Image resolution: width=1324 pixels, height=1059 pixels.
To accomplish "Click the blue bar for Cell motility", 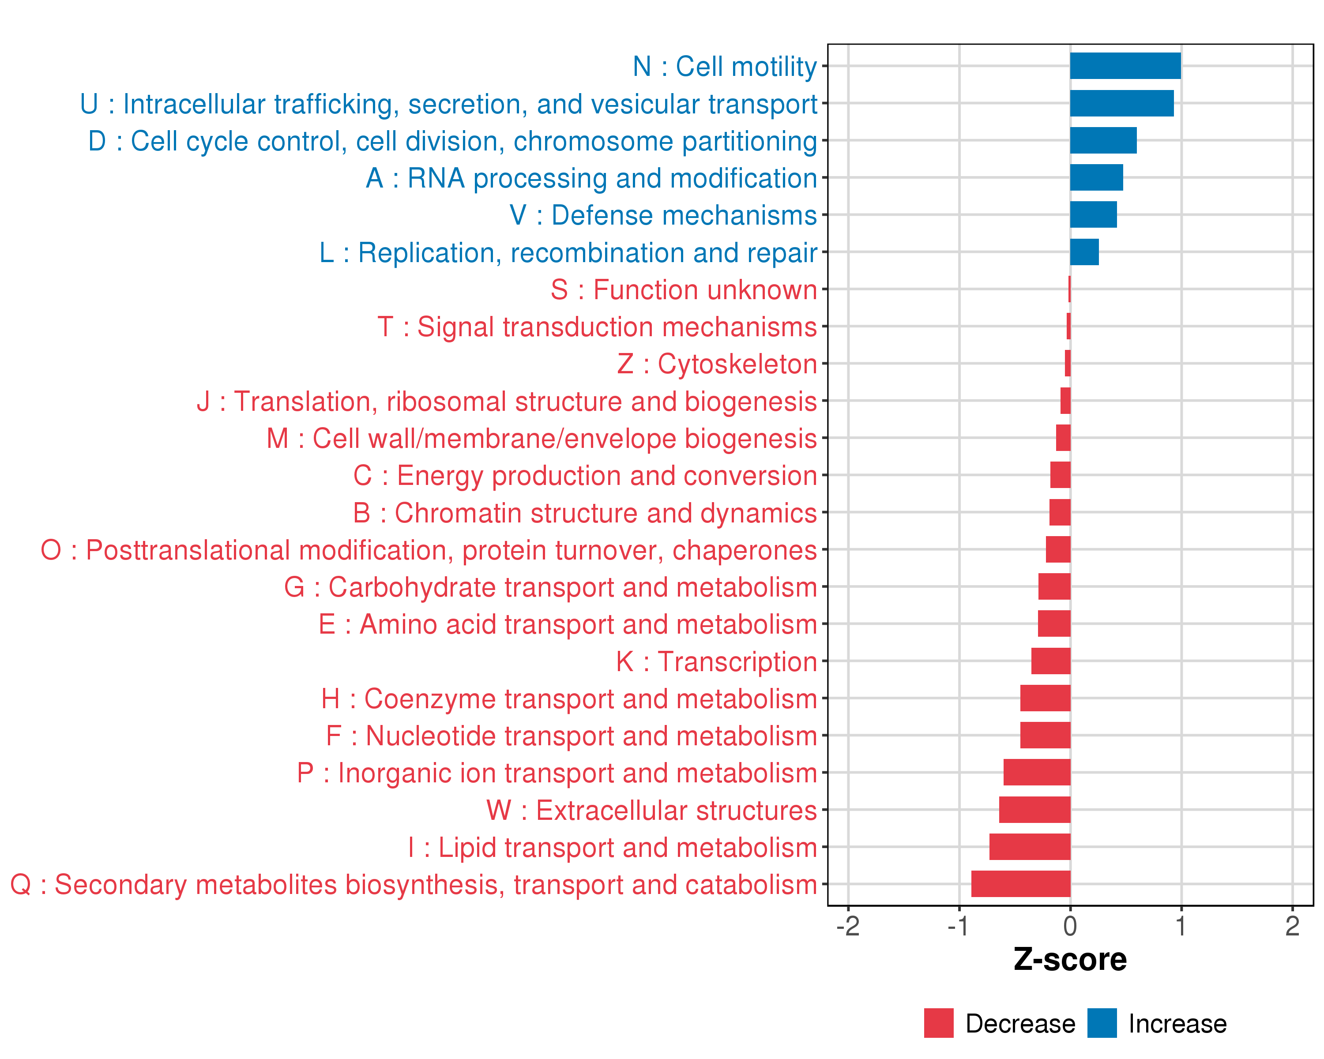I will click(x=1125, y=66).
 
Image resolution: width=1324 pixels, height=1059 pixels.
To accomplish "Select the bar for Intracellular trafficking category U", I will click(x=1121, y=103).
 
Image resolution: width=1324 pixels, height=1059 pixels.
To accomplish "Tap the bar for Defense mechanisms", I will click(x=1093, y=215).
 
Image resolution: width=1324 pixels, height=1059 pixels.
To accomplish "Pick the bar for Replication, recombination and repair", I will click(x=1084, y=252).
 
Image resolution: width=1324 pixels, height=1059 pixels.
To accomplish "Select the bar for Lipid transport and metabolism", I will click(x=1030, y=847).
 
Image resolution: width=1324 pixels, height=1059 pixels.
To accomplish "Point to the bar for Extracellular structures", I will click(x=1035, y=810).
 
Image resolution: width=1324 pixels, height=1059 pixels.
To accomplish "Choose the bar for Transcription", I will click(x=1051, y=661).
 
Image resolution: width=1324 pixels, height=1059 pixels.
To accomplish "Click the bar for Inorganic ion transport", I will click(x=1037, y=772).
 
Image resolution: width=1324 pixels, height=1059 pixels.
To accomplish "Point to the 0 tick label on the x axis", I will click(x=1070, y=926).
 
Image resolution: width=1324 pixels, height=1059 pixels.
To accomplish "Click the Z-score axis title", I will click(x=1070, y=960).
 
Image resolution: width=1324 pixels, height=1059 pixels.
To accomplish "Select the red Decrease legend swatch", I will click(x=938, y=1023).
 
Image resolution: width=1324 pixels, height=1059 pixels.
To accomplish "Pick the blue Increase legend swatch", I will click(x=1102, y=1023).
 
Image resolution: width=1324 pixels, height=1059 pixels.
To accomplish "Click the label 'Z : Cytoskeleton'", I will click(x=717, y=364).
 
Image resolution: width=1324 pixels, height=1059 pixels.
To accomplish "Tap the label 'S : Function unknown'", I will click(x=684, y=290).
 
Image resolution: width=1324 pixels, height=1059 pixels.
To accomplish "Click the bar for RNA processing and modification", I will click(x=1096, y=177).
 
